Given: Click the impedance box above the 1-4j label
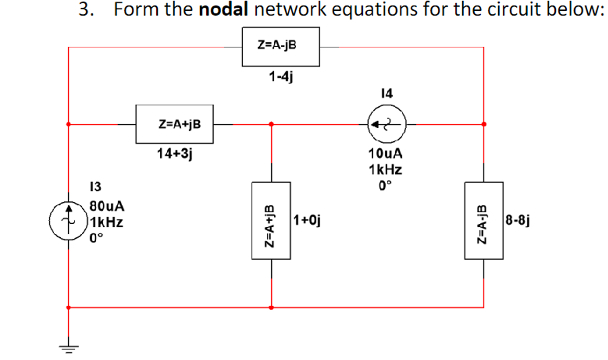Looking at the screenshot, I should point(281,46).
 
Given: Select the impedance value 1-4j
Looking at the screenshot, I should point(281,76).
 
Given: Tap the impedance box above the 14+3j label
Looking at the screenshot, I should point(174,124).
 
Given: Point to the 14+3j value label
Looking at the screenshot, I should point(174,155).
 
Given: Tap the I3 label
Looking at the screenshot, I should point(96,186).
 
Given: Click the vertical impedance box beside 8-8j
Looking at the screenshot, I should point(484,220).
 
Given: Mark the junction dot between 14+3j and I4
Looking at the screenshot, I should point(271,124).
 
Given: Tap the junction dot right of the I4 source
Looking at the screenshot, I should point(484,124).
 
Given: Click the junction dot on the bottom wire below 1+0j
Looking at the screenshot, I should point(271,307).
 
